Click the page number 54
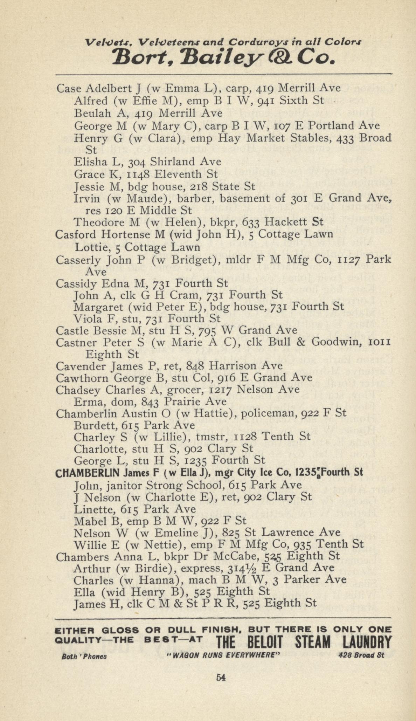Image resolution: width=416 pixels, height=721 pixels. tap(221, 677)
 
